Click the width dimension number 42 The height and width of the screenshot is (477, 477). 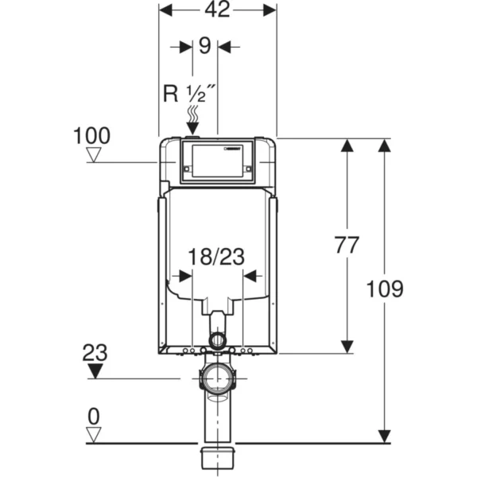click(217, 10)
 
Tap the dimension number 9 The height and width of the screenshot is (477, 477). click(204, 46)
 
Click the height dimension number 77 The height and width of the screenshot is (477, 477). click(348, 246)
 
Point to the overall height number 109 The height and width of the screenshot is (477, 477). click(385, 288)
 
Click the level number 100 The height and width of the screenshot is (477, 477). click(91, 135)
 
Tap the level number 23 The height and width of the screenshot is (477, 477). click(95, 351)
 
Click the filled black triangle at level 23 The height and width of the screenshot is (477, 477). click(95, 371)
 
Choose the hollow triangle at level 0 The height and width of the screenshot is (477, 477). click(95, 434)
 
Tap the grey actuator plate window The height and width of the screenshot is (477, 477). click(217, 161)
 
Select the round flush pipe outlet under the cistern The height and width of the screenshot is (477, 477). click(216, 342)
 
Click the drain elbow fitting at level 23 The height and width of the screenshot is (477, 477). click(217, 377)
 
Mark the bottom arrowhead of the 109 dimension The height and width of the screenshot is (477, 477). click(385, 436)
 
